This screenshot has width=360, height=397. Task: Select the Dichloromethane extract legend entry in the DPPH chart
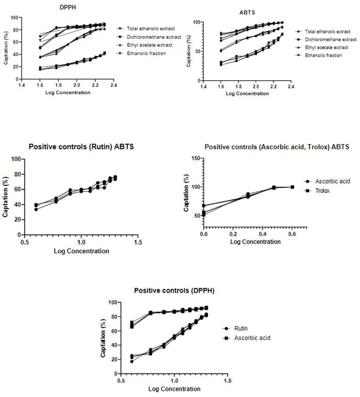click(151, 37)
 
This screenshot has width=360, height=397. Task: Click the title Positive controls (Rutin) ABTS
click(81, 147)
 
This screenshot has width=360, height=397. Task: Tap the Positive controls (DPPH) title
click(174, 291)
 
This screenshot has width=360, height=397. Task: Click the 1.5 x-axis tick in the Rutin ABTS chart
click(137, 242)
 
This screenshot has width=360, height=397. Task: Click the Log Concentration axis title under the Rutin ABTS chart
click(82, 251)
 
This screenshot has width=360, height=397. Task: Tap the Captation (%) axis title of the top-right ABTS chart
click(189, 51)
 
